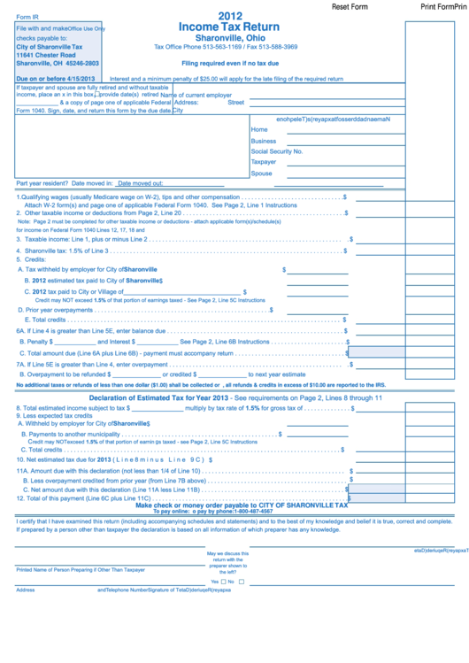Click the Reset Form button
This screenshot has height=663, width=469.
[x=349, y=6]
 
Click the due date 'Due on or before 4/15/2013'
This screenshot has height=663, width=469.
[x=57, y=79]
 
